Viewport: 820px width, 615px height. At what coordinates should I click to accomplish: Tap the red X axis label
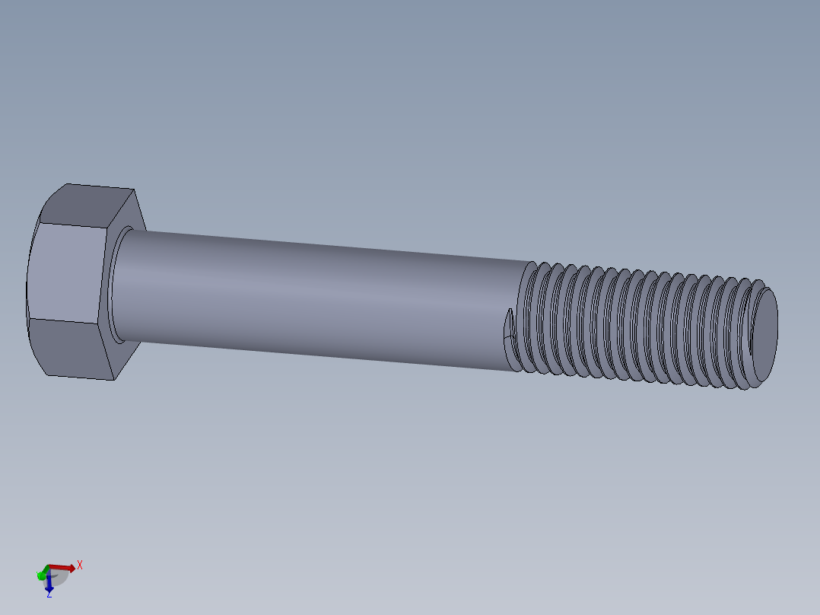(79, 566)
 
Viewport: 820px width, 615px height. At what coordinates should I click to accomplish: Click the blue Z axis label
(49, 594)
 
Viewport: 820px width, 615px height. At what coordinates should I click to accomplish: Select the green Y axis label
(39, 575)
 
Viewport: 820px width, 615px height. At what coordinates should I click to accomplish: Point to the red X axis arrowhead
(72, 568)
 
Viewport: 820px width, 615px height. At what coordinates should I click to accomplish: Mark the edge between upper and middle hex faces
(72, 225)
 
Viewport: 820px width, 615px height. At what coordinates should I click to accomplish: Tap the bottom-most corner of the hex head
(114, 379)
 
